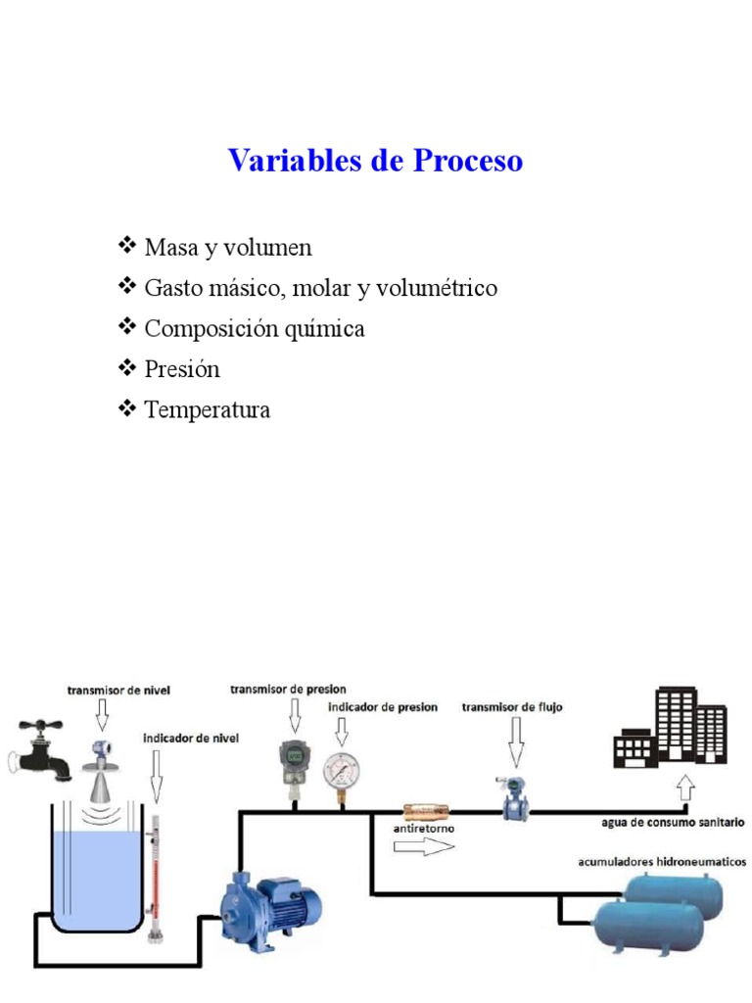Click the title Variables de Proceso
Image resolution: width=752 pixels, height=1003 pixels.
[x=375, y=161]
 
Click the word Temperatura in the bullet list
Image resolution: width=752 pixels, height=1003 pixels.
[x=207, y=409]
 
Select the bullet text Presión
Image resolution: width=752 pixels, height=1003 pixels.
[x=182, y=369]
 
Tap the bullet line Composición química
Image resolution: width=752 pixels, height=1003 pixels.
[x=254, y=328]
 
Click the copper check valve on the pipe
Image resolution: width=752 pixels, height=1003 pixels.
[x=425, y=811]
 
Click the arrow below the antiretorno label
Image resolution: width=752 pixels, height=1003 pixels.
[x=423, y=845]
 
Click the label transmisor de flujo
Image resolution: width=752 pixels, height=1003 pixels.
[x=512, y=706]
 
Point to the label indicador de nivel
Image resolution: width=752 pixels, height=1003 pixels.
[x=191, y=738]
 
